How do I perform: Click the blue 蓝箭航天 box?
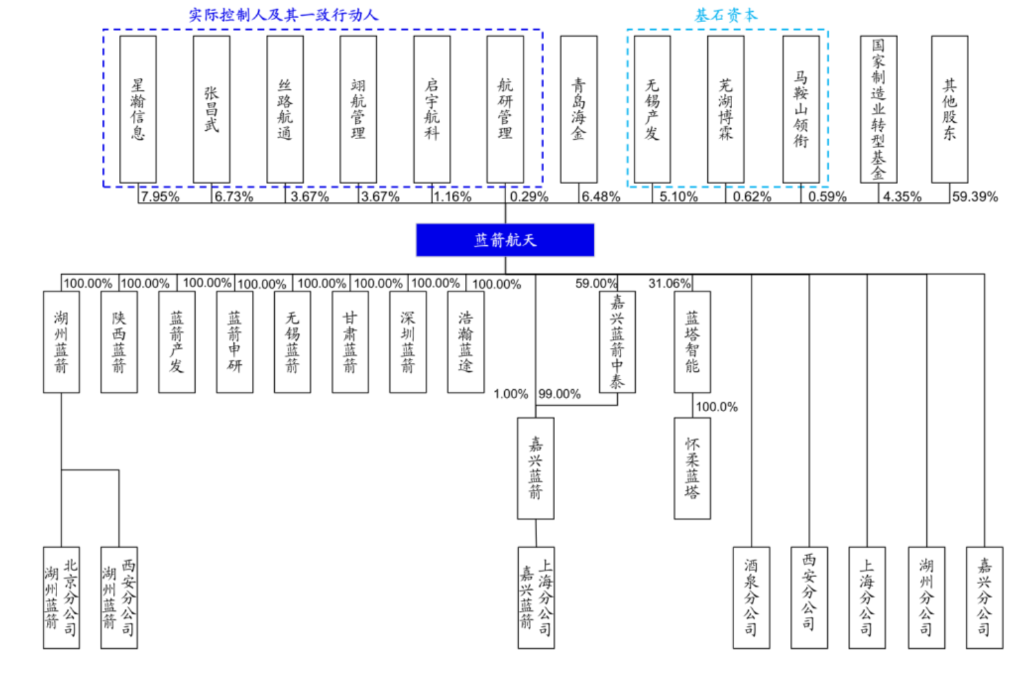pyautogui.click(x=505, y=240)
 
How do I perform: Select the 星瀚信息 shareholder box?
pyautogui.click(x=138, y=109)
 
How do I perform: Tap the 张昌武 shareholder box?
pyautogui.click(x=211, y=109)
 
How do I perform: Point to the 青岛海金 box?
pyautogui.click(x=579, y=109)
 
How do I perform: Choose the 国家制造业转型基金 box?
pyautogui.click(x=878, y=109)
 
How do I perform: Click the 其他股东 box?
pyautogui.click(x=950, y=109)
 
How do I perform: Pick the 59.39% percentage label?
pyautogui.click(x=975, y=197)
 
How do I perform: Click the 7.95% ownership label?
pyautogui.click(x=160, y=197)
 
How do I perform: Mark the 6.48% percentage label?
pyautogui.click(x=601, y=197)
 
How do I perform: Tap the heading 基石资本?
pyautogui.click(x=726, y=15)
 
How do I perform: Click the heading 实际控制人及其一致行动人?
pyautogui.click(x=284, y=15)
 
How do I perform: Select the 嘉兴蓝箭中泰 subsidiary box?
pyautogui.click(x=617, y=342)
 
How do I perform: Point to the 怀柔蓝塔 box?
pyautogui.click(x=692, y=468)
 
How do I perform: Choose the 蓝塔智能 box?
pyautogui.click(x=692, y=342)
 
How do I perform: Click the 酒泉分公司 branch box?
pyautogui.click(x=751, y=597)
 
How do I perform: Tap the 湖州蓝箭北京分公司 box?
pyautogui.click(x=61, y=597)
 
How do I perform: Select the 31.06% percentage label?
pyautogui.click(x=669, y=283)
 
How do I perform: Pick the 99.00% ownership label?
pyautogui.click(x=559, y=394)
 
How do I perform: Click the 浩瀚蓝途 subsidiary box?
pyautogui.click(x=466, y=342)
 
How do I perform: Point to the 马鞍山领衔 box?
pyautogui.click(x=801, y=109)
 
